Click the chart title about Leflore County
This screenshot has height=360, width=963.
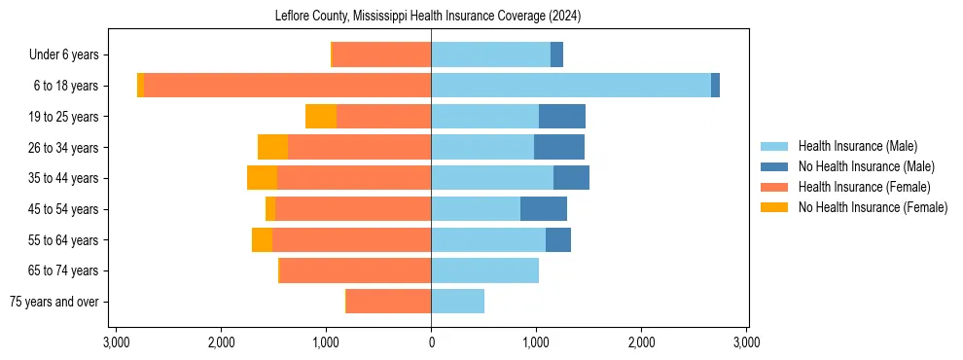[x=431, y=16]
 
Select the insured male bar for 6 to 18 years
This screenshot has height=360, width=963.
[x=571, y=86]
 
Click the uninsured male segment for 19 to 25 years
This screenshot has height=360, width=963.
[x=562, y=117]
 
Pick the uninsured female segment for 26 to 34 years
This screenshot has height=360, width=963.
[x=272, y=147]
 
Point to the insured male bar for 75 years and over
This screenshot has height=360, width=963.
[x=457, y=302]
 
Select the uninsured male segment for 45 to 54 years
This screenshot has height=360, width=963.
[x=544, y=209]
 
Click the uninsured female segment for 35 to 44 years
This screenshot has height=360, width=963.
[x=262, y=178]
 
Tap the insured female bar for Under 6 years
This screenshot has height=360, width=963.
[x=381, y=54]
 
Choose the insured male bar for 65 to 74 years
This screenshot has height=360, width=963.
[x=484, y=270]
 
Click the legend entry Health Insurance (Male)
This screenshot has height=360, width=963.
[x=857, y=146]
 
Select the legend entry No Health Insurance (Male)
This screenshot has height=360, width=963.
[x=866, y=166]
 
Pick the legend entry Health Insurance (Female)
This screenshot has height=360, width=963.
[x=864, y=187]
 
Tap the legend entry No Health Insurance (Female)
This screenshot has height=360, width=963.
[x=872, y=207]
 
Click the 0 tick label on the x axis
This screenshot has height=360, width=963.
[x=431, y=342]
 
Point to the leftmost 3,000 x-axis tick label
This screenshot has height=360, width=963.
[x=116, y=342]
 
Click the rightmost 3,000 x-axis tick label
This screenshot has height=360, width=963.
[x=746, y=342]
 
